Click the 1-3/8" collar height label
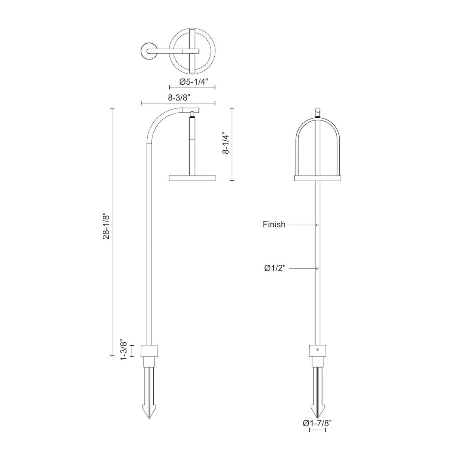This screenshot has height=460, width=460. (x=123, y=349)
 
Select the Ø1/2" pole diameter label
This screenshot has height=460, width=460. (x=274, y=269)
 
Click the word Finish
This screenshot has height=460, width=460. (x=274, y=225)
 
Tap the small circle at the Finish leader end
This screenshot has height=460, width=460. (x=318, y=225)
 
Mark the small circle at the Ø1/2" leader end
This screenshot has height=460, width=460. (x=318, y=268)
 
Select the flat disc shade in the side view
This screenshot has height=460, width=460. (x=192, y=178)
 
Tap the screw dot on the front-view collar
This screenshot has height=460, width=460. (x=318, y=350)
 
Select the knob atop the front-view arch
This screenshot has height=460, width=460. (x=317, y=112)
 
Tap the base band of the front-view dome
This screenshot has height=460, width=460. (x=317, y=178)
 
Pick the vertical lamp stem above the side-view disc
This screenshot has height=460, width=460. (x=192, y=146)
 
